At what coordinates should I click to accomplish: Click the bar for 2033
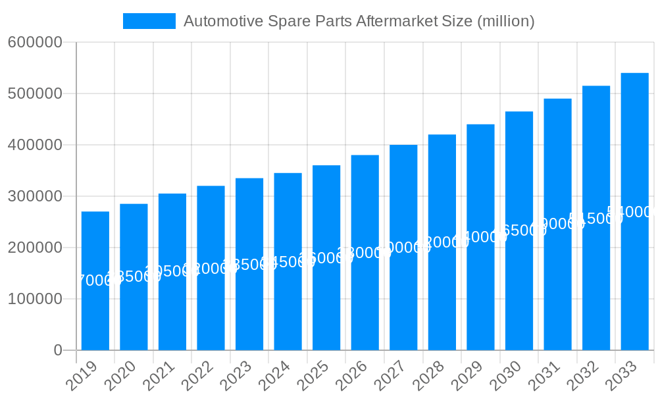tap(634, 276)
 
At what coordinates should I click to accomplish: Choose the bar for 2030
tap(519, 290)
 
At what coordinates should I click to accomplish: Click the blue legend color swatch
tap(149, 21)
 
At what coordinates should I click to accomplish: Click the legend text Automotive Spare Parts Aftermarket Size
tap(359, 21)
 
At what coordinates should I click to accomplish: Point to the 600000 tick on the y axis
tap(35, 43)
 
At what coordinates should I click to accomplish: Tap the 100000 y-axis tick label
tap(35, 299)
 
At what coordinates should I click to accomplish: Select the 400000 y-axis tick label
tap(35, 145)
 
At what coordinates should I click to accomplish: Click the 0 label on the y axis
tap(58, 350)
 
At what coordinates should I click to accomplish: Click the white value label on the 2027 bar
tap(403, 248)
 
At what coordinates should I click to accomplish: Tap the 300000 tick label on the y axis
tap(35, 196)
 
